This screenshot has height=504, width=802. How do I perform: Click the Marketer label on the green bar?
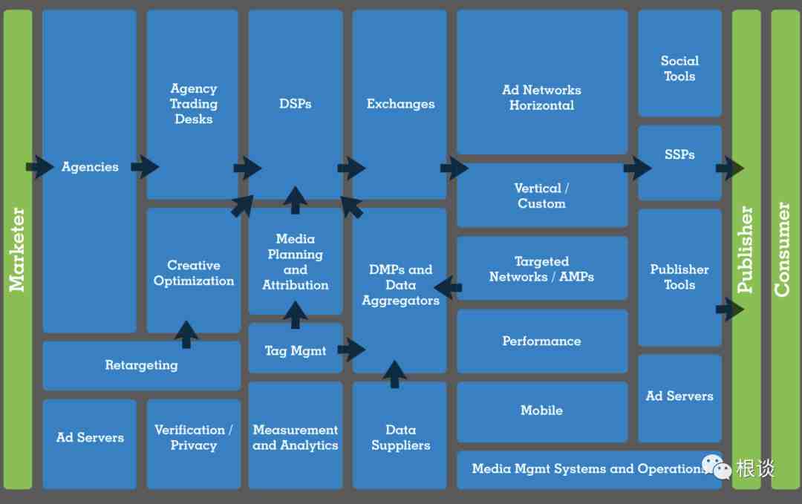(17, 249)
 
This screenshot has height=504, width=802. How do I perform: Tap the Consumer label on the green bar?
(782, 249)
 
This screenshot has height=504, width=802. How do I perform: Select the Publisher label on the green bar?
(745, 249)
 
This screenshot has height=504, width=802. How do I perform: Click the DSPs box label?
(295, 104)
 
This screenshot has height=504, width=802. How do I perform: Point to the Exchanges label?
(400, 104)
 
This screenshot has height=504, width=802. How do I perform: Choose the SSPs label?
(679, 154)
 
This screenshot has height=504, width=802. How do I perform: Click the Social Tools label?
(679, 68)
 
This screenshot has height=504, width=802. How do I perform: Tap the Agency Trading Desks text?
(194, 104)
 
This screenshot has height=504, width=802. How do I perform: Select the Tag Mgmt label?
(295, 350)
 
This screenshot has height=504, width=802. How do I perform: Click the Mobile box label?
(541, 410)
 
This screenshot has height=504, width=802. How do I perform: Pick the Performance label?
(541, 341)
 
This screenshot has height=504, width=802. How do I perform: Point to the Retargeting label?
(142, 365)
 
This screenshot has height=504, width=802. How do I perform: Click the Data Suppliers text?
(400, 437)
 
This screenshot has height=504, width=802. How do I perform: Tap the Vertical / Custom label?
(541, 196)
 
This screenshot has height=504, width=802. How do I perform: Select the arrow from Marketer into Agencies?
(40, 166)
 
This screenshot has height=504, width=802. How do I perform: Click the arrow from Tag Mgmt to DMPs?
(351, 349)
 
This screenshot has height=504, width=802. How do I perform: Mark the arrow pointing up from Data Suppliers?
(394, 374)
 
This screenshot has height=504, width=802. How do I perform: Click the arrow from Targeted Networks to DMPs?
(448, 287)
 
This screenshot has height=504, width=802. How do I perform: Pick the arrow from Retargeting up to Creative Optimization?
(186, 335)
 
